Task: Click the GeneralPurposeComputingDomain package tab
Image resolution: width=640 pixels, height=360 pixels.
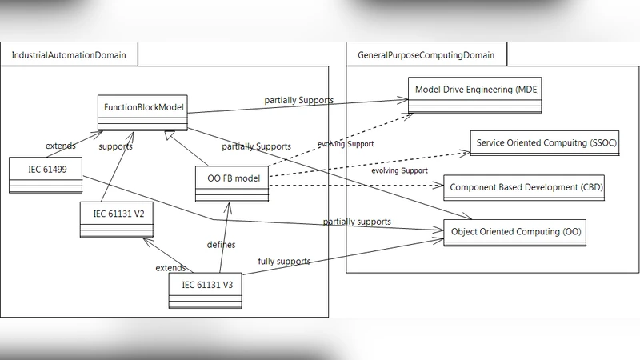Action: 426,54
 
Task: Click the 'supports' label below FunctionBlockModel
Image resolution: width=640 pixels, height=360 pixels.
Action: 115,146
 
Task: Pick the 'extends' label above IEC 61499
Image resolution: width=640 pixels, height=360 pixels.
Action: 61,146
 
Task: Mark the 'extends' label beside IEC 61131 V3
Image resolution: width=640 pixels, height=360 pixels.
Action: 171,268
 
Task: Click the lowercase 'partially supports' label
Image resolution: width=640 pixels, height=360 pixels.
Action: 357,221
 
